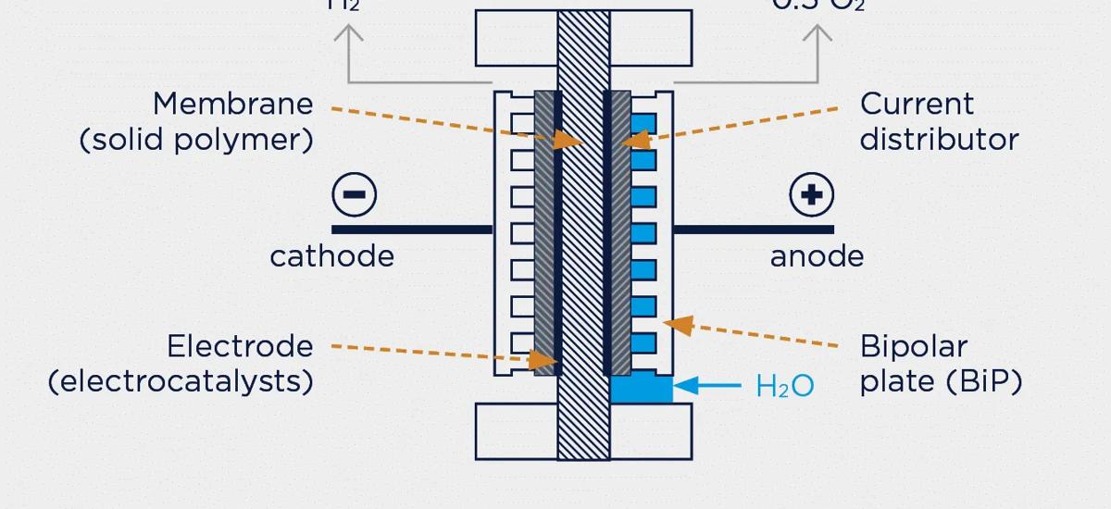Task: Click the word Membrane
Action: pyautogui.click(x=232, y=104)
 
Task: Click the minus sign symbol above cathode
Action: pyautogui.click(x=354, y=195)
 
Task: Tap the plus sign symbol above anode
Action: pyautogui.click(x=812, y=195)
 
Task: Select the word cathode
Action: pyautogui.click(x=331, y=256)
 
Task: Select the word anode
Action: pyautogui.click(x=817, y=256)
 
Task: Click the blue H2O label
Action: pyautogui.click(x=785, y=386)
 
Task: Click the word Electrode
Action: pyautogui.click(x=240, y=347)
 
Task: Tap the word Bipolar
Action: pyautogui.click(x=913, y=347)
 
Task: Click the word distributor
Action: pyautogui.click(x=939, y=140)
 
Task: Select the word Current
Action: pyautogui.click(x=917, y=104)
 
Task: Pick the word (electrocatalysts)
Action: pyautogui.click(x=181, y=381)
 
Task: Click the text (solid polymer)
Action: pyautogui.click(x=196, y=140)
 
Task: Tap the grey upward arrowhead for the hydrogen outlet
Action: pyautogui.click(x=348, y=34)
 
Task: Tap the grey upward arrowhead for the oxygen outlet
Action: pyautogui.click(x=817, y=34)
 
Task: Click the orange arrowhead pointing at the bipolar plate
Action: pyautogui.click(x=680, y=325)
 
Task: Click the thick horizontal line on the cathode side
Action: pyautogui.click(x=412, y=230)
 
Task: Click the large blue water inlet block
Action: pyautogui.click(x=641, y=389)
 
